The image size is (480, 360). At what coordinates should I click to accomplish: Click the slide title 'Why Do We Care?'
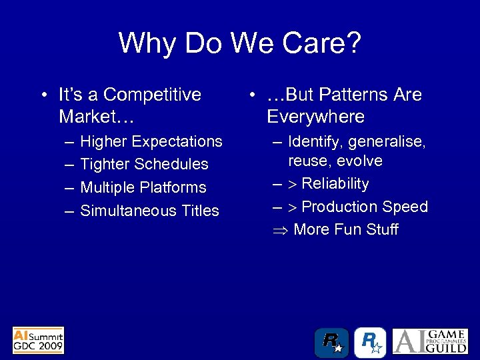[x=240, y=43]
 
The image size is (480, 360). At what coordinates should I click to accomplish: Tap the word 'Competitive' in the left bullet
[x=152, y=95]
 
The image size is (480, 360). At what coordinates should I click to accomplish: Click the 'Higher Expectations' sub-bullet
[x=151, y=141]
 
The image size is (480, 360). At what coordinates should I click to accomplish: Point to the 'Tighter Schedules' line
[x=144, y=164]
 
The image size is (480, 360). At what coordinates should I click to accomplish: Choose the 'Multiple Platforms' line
[x=143, y=187]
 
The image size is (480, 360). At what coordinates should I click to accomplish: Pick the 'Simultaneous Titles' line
[x=149, y=211]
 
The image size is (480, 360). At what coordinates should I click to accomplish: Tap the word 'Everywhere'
[x=315, y=117]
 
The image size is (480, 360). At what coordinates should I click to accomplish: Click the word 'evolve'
[x=359, y=161]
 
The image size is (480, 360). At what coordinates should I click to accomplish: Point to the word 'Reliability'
[x=335, y=183]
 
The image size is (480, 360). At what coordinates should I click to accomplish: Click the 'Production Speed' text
[x=365, y=207]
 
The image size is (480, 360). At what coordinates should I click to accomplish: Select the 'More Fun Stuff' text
[x=345, y=230]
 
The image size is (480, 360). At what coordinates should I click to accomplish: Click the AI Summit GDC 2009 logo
[x=39, y=339]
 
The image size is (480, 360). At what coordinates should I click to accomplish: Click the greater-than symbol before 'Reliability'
[x=293, y=184]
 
